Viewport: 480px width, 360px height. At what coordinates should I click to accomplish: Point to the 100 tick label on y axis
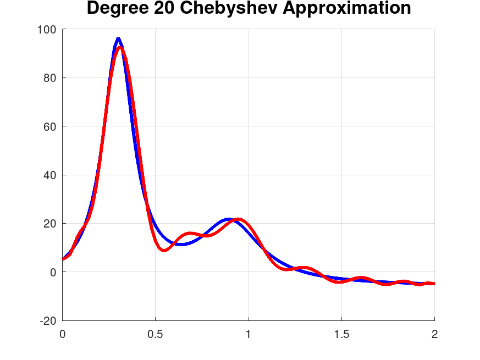46,30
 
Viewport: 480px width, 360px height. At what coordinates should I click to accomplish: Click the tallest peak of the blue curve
118,38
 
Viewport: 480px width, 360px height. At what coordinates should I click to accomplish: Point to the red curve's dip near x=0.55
164,250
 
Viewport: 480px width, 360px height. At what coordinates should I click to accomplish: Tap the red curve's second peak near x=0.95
238,219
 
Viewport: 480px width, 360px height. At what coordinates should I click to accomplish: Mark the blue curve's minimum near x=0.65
182,244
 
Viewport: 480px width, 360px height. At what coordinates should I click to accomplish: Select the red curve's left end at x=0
63,259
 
